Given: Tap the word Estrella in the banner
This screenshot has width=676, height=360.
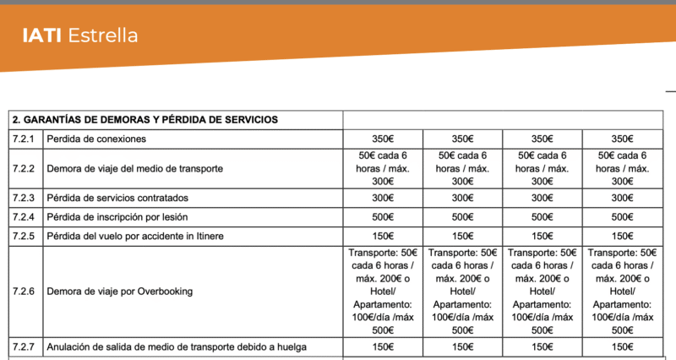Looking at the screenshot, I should pyautogui.click(x=102, y=35).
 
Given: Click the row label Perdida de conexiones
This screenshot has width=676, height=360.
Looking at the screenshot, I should pyautogui.click(x=97, y=139).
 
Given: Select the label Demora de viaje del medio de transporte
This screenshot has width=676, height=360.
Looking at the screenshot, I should pyautogui.click(x=135, y=168).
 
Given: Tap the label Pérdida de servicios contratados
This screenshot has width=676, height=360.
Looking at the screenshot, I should pyautogui.click(x=117, y=198).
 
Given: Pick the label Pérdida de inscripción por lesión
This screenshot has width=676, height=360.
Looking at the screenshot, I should pyautogui.click(x=117, y=216).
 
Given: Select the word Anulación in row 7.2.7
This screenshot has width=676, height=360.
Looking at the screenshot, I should pyautogui.click(x=70, y=346).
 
